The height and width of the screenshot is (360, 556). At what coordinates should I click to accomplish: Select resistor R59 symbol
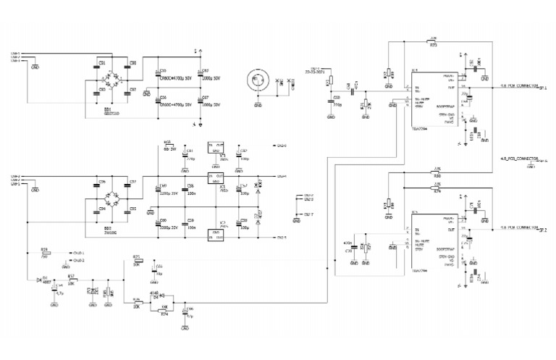45,252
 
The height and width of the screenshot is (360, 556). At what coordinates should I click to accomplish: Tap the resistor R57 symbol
72,280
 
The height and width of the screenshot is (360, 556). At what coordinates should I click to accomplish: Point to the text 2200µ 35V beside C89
169,194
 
